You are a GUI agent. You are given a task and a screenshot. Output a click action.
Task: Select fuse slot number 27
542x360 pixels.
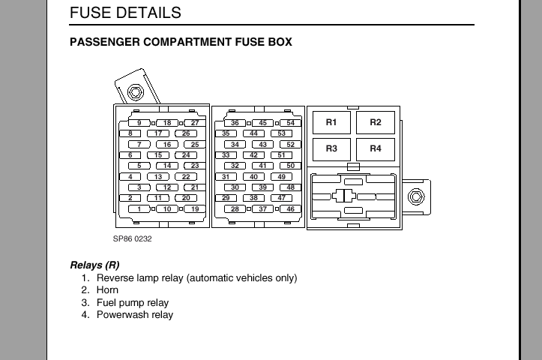[x=195, y=123]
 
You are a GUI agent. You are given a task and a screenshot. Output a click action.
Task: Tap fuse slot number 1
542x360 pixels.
[x=139, y=209]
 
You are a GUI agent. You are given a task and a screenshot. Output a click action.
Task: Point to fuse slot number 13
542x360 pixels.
[x=158, y=177]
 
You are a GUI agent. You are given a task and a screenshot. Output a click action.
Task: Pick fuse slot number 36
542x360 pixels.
[x=235, y=123]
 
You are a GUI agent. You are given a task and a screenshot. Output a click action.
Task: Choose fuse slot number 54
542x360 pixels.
[x=291, y=123]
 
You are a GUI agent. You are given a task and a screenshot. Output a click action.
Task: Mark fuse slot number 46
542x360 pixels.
[x=291, y=209]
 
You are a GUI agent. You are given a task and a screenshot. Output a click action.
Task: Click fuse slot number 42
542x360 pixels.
[x=253, y=155]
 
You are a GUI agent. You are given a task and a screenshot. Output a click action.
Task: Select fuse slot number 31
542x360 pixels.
[x=226, y=177]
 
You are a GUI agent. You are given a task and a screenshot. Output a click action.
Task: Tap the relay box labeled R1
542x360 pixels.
[x=331, y=122]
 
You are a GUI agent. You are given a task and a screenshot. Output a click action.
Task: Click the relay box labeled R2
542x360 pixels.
[x=376, y=122]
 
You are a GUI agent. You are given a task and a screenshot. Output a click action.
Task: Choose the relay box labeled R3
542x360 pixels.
[x=331, y=149]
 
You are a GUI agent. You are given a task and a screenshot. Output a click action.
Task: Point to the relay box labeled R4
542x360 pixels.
[x=376, y=149]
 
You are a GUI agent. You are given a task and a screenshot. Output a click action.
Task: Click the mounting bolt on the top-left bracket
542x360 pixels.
[x=135, y=92]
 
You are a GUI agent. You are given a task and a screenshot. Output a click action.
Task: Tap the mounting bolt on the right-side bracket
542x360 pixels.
[x=416, y=196]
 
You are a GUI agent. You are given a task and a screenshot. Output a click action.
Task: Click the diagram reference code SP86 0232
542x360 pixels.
[x=133, y=239]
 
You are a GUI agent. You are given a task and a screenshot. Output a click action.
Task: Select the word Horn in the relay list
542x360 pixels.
[x=107, y=289]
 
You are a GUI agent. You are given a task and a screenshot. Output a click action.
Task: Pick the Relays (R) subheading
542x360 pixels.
[x=94, y=265]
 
